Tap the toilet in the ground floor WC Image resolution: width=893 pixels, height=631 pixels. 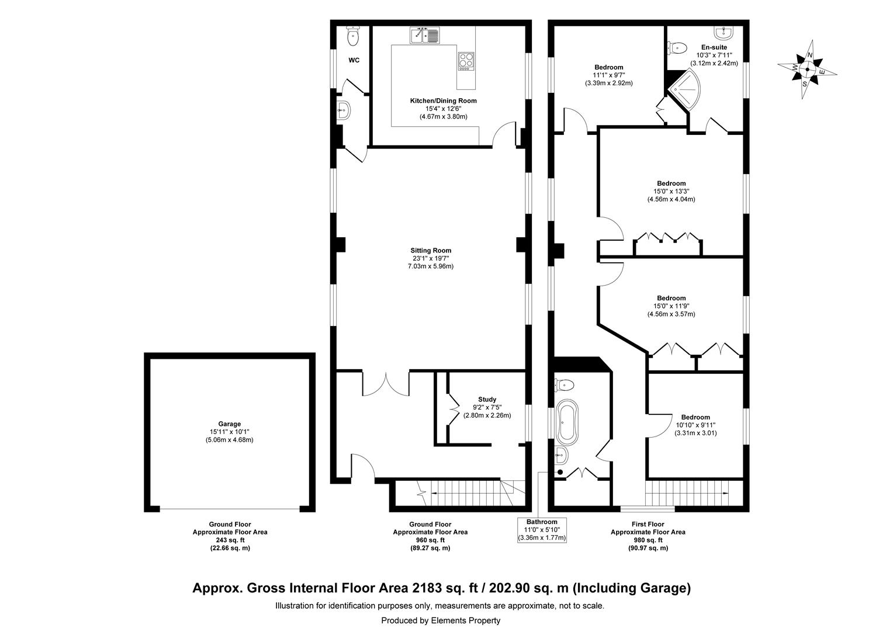(352, 37)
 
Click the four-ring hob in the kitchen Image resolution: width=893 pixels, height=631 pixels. (466, 61)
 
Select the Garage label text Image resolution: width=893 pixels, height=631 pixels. (229, 424)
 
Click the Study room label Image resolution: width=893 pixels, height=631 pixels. (487, 400)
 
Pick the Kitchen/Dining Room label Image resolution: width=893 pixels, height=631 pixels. (443, 100)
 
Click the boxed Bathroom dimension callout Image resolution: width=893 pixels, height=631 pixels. (541, 529)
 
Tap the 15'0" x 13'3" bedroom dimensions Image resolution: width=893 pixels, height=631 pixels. (670, 191)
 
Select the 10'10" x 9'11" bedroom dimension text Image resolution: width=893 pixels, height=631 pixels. (695, 425)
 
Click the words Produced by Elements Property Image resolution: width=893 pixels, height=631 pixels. (441, 620)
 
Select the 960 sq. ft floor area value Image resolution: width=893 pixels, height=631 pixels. (430, 540)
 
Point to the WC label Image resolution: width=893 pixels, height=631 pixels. (354, 60)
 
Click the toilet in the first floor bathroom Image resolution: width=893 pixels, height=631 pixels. (565, 384)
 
